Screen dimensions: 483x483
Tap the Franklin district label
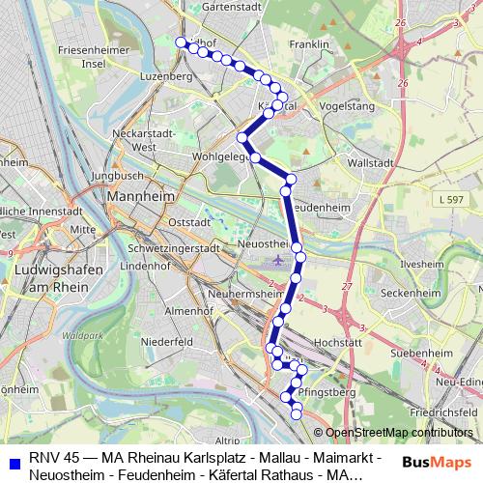pos(309,44)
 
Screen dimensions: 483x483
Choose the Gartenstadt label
pos(233,6)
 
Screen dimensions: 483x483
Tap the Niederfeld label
pos(168,341)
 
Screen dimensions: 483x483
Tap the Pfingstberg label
pos(327,393)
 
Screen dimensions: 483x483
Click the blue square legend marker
pos(12,457)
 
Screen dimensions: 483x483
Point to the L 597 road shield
pos(449,199)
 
